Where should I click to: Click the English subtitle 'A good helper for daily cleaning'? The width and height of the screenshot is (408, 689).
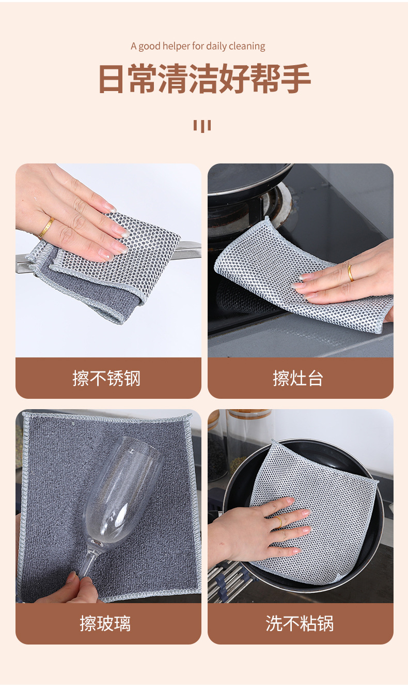198,46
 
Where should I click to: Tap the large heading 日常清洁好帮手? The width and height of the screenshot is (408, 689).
205,78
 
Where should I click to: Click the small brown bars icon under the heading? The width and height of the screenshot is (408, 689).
202,126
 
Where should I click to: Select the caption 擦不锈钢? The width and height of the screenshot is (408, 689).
106,378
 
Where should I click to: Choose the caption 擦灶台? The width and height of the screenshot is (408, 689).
298,378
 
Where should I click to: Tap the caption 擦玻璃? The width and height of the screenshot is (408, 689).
105,623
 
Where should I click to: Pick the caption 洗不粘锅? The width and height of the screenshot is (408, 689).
300,623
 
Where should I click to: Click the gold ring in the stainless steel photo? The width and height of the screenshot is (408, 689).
46,228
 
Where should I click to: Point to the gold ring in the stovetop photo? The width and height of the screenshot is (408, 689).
350,273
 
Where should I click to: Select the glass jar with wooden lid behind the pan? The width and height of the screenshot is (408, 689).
248,443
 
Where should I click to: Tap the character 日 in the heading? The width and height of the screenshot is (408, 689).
111,79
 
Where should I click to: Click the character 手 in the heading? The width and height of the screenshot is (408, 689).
295,79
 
